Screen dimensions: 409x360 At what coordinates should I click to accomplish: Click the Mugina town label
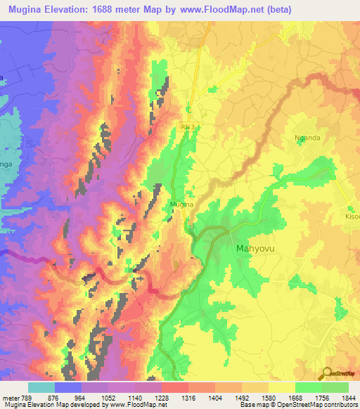coord(177,204)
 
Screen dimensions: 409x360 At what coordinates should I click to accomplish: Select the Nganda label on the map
coord(307,138)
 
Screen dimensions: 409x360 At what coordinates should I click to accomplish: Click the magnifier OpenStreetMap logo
coord(327,373)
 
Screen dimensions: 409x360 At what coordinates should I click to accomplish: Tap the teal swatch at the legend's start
coord(41,387)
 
